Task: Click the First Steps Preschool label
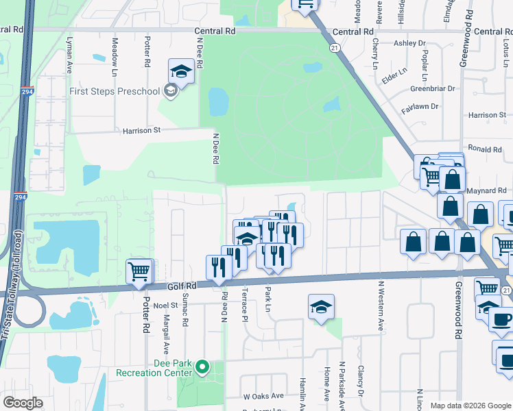(x=114, y=91)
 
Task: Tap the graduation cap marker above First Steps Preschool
(x=181, y=71)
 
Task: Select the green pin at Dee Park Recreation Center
(x=202, y=367)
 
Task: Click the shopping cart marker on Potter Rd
(x=139, y=271)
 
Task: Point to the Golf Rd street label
(x=181, y=286)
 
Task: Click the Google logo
(x=23, y=403)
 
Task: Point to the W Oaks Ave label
(x=263, y=396)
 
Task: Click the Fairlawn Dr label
(x=419, y=105)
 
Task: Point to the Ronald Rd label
(x=485, y=149)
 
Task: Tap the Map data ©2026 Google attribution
(x=470, y=406)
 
